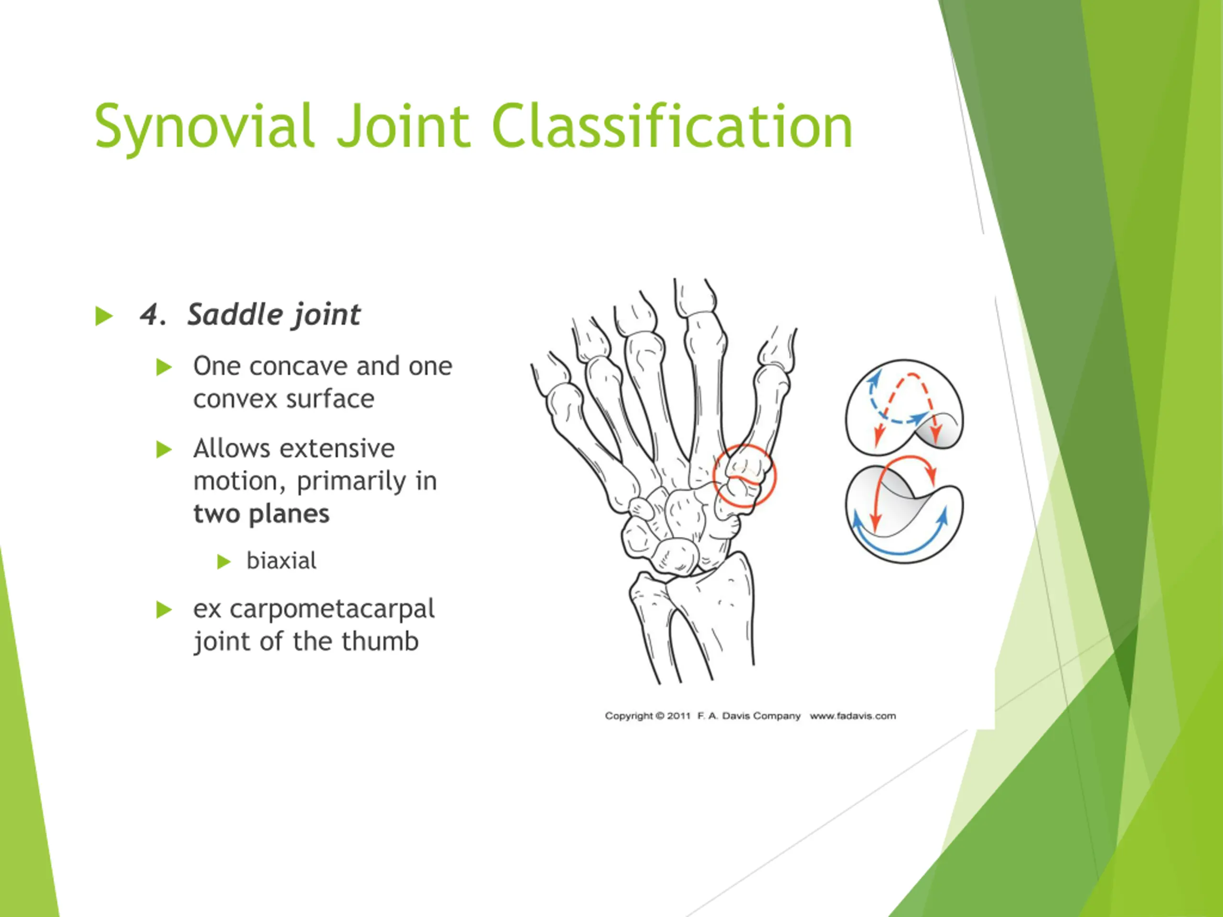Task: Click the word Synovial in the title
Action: (204, 127)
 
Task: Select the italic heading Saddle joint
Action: (274, 315)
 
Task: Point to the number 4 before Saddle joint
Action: (150, 316)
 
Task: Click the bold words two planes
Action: (261, 514)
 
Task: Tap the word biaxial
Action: (281, 561)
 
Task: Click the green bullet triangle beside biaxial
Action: (224, 562)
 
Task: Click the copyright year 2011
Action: (678, 716)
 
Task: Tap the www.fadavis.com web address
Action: (853, 716)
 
